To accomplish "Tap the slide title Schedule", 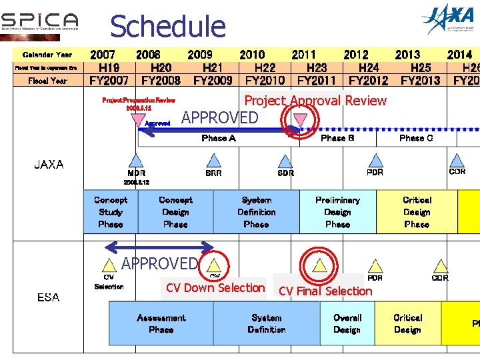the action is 167,27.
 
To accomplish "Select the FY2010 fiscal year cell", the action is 265,80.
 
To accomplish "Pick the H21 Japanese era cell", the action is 213,67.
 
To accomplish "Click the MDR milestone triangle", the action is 136,161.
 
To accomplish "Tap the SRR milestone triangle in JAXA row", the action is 213,161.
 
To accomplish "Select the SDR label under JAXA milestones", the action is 285,173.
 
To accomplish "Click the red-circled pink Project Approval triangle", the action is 301,119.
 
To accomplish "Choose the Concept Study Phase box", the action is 110,212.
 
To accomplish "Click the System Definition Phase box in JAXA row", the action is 256,212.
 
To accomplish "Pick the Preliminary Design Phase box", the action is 337,212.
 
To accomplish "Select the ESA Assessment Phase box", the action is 161,323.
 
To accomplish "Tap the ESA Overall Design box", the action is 347,323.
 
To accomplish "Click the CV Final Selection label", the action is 325,291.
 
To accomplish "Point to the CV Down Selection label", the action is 215,288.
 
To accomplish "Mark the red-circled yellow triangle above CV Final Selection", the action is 320,265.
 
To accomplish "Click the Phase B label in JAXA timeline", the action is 337,138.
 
